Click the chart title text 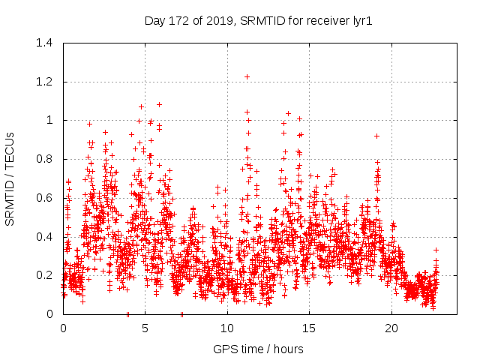[x=258, y=21]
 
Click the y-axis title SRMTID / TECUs [x=10, y=178]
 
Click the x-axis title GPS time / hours [x=258, y=349]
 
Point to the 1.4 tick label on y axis [x=44, y=43]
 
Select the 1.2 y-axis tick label [x=44, y=82]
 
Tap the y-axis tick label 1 [x=50, y=120]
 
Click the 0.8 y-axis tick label [x=44, y=159]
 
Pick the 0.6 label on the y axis [x=44, y=198]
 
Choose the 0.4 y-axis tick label [x=44, y=237]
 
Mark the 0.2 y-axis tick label [x=44, y=275]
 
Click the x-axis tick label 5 [x=145, y=328]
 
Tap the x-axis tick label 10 [x=227, y=328]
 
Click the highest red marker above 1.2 [x=247, y=76]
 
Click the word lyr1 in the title [x=361, y=21]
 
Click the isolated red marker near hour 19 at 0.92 [x=376, y=136]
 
